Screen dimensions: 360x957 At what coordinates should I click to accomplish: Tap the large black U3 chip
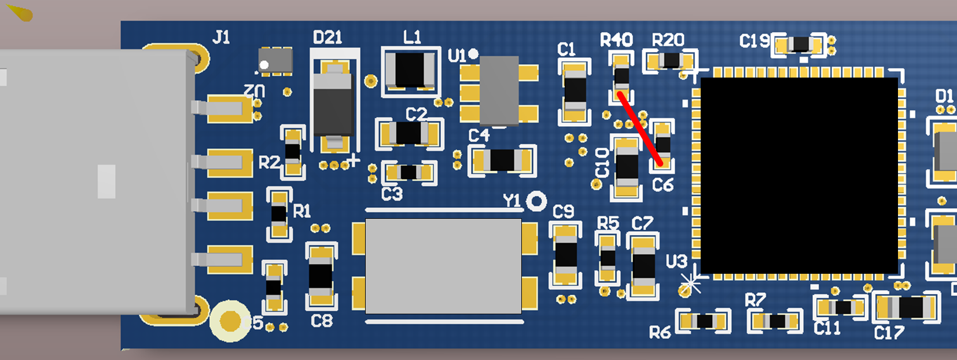[x=799, y=175]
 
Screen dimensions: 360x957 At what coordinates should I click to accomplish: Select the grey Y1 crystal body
[x=443, y=266]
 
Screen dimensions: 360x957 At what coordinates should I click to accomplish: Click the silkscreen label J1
[x=221, y=38]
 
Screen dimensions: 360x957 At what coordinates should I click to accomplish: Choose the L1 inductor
[x=410, y=70]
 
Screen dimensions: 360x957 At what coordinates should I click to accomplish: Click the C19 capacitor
[x=801, y=45]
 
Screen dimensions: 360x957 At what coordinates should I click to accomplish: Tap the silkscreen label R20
[x=668, y=40]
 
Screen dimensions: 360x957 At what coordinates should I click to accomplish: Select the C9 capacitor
[x=565, y=255]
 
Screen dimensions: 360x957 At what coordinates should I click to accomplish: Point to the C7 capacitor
[x=643, y=266]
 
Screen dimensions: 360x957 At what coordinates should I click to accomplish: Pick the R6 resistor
[x=704, y=321]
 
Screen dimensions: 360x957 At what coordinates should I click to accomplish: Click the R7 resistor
[x=776, y=321]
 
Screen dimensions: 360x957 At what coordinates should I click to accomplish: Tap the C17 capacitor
[x=907, y=308]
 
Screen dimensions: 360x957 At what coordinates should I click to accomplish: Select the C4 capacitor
[x=502, y=160]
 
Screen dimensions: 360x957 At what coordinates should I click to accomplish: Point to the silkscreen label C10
[x=602, y=163]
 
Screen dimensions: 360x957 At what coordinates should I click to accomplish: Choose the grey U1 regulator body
[x=499, y=90]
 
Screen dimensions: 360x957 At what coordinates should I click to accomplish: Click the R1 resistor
[x=279, y=214]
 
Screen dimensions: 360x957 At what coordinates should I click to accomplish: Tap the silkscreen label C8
[x=322, y=321]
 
